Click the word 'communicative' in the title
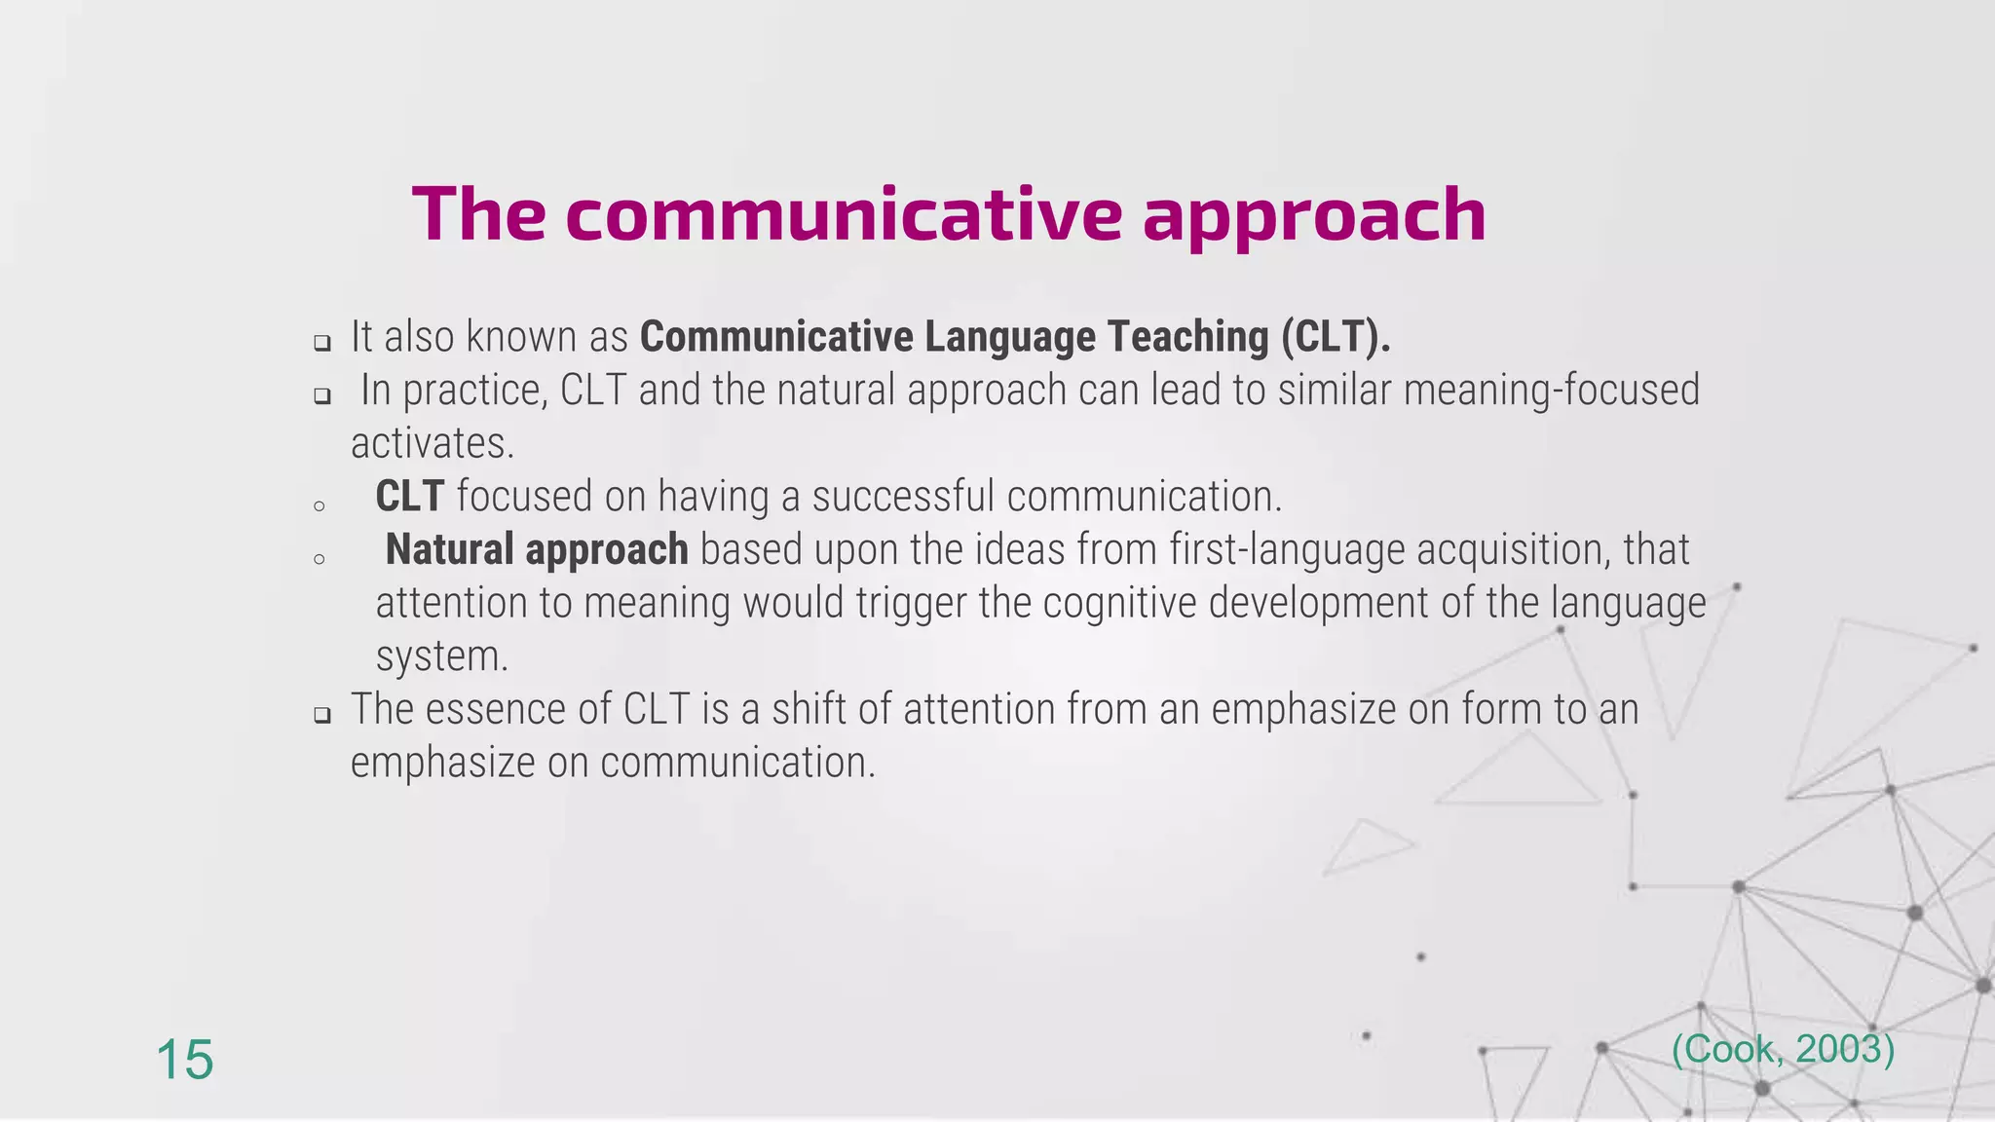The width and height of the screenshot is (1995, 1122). point(843,214)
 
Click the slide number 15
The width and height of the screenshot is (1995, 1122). point(184,1060)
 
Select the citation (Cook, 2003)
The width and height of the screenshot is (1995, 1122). point(1783,1049)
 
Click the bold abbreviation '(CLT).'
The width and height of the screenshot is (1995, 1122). point(1336,337)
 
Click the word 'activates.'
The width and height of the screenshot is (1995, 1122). point(432,444)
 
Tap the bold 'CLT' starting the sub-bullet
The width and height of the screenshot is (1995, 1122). point(409,497)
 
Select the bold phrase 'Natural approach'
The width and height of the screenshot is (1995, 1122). point(537,549)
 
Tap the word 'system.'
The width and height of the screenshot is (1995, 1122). point(442,656)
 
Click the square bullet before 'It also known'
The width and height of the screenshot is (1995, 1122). point(322,343)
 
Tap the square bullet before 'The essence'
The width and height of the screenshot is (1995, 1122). point(322,716)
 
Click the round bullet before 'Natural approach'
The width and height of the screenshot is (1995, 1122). point(319,559)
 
